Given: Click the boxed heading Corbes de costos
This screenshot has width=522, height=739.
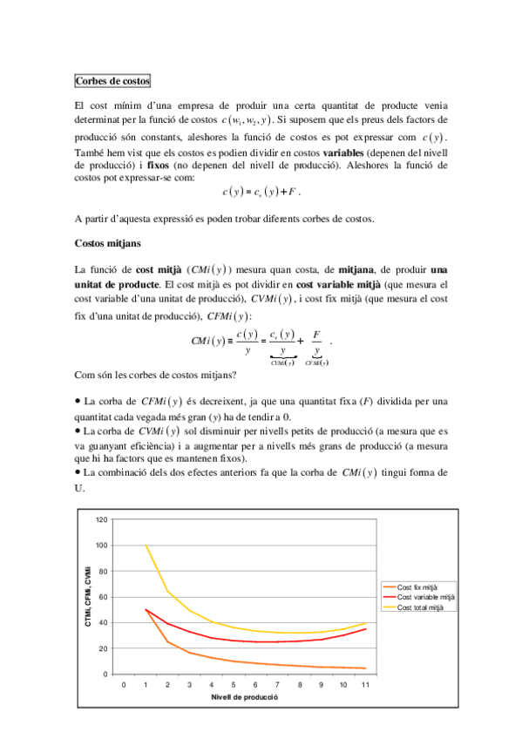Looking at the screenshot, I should coord(112,82).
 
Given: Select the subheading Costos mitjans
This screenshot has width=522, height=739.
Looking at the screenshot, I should coord(109,244).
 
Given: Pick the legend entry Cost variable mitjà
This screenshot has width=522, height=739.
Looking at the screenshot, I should coord(426,597).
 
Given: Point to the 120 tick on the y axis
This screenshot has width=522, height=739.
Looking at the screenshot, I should coord(101,519).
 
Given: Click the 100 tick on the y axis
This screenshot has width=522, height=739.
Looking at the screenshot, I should coord(101,546).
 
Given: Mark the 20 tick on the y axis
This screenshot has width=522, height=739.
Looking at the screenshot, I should coord(103,648).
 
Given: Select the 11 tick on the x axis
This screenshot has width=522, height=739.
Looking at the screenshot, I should coord(365,685).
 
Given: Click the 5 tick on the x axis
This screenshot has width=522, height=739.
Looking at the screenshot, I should coord(234,685).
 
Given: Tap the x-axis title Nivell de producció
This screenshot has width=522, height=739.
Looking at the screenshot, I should coord(244,698).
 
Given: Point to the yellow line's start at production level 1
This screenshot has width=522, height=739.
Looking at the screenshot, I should coord(146,546).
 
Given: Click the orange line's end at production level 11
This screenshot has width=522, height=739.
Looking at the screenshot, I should coord(365,668).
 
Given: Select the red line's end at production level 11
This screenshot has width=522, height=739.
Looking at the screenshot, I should coord(365,629).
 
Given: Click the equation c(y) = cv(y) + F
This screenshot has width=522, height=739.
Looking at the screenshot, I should coord(261,192).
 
